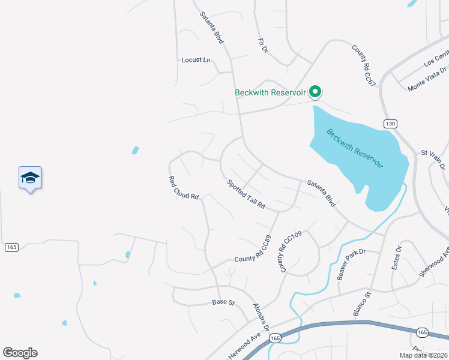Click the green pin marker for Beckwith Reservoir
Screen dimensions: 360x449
(315, 92)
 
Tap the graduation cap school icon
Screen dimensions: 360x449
(30, 178)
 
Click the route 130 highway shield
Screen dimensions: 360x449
(390, 124)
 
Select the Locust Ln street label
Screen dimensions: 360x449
(196, 60)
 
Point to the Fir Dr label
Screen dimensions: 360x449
(262, 46)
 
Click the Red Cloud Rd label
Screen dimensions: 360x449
(183, 188)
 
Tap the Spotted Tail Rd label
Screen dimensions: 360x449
(246, 194)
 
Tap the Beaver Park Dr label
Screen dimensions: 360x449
(351, 265)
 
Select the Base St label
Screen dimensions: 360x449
(223, 302)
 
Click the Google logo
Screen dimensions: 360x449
(20, 353)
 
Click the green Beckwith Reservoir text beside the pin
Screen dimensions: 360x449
(270, 92)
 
